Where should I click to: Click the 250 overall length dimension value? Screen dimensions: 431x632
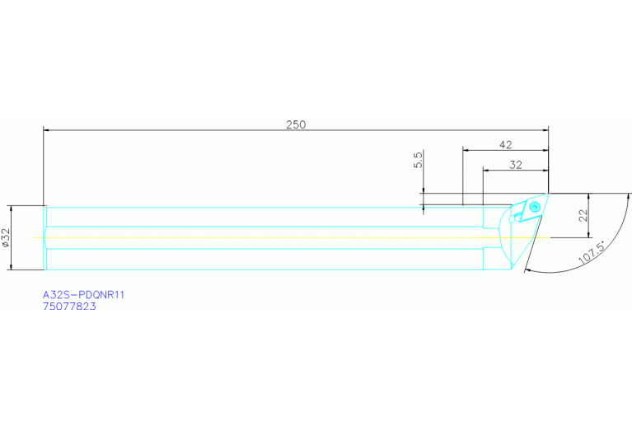point(296,124)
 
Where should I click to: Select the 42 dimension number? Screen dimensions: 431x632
point(506,144)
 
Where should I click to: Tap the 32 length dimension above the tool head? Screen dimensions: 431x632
point(516,165)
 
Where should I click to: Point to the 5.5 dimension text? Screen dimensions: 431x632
point(419,159)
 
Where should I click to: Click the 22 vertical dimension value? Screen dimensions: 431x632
point(582,216)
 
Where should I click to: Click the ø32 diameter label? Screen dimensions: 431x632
point(6,238)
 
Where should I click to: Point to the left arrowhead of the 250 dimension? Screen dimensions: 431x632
point(47,130)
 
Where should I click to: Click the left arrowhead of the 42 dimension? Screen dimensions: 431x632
point(466,151)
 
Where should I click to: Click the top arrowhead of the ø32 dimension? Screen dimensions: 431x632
point(12,209)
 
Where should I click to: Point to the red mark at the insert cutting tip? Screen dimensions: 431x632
point(548,194)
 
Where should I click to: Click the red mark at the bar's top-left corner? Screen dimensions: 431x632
point(44,205)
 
